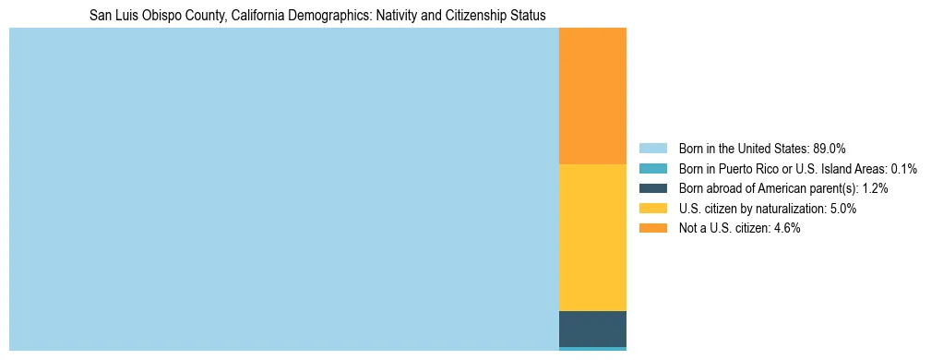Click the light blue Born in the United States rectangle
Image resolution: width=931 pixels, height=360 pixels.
pos(283,188)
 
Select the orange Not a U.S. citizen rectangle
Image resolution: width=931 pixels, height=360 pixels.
pos(592,96)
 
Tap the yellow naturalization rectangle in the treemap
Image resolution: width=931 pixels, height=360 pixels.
pos(592,237)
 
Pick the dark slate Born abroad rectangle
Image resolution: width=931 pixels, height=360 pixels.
pos(592,329)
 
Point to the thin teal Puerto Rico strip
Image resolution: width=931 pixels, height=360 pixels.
pos(592,349)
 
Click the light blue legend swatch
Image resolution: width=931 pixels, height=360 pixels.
pos(652,149)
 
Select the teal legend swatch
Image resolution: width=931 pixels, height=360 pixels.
pos(652,169)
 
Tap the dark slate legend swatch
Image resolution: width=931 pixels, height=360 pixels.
pos(652,188)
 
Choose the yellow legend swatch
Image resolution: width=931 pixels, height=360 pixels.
pos(652,209)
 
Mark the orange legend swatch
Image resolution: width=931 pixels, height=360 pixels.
pos(652,228)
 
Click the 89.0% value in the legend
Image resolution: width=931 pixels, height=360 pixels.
pos(830,149)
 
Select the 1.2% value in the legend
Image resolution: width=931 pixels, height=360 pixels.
pos(876,188)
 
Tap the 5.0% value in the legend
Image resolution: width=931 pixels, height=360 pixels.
pos(843,209)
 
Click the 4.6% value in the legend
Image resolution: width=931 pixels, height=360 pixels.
pos(787,228)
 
